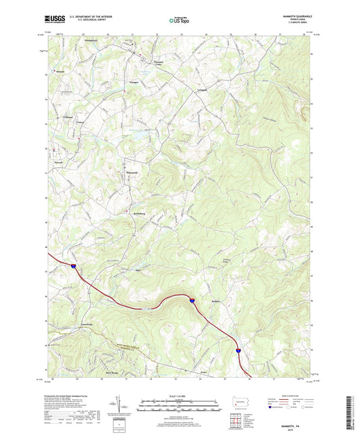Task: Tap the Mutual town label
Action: tap(59, 70)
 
